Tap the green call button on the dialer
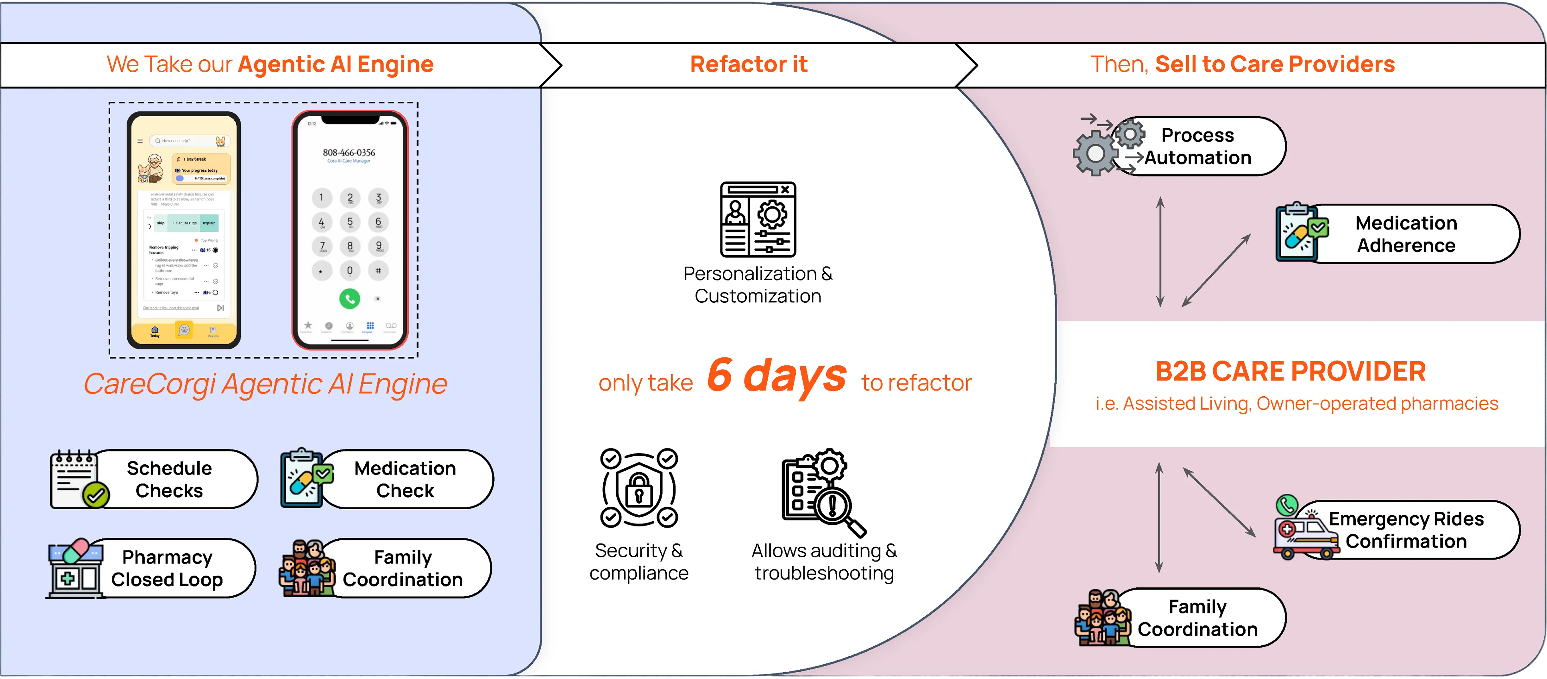pos(350,298)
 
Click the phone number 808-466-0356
pos(349,152)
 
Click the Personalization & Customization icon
pos(758,220)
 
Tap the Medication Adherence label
pos(1406,234)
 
